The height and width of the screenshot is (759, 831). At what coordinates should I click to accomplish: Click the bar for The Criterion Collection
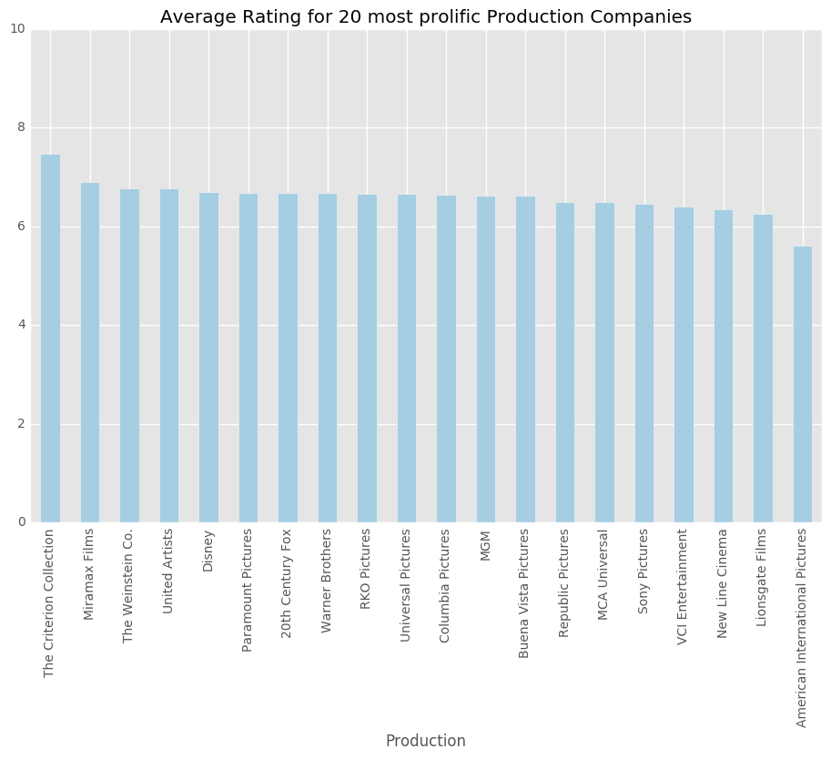coord(50,339)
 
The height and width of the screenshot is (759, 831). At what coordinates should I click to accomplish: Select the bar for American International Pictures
coord(802,384)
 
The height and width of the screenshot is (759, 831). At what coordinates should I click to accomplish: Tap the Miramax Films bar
coord(90,352)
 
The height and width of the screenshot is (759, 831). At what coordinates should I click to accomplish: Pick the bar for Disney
coord(208,358)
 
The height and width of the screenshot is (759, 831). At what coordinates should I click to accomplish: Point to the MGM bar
coord(486,359)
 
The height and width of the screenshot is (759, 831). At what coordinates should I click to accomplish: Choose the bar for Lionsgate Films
coord(763,369)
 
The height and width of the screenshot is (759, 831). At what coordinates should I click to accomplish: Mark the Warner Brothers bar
coord(328,358)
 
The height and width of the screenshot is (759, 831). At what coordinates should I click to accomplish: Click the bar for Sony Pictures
coord(644,363)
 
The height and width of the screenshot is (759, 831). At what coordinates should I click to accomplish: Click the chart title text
coord(425,17)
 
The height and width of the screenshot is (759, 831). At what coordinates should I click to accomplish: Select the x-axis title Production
coord(425,741)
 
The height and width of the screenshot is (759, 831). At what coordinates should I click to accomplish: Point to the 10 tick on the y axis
coord(18,29)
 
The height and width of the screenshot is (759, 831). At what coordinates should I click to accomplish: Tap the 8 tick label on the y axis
coord(21,128)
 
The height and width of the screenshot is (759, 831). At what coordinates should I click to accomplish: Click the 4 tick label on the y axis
coord(21,325)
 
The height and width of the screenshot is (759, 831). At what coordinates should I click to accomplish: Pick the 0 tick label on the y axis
coord(21,522)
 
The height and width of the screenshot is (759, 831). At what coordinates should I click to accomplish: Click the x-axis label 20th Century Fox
coord(288,583)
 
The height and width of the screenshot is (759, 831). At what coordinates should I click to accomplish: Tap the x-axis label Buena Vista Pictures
coord(525,593)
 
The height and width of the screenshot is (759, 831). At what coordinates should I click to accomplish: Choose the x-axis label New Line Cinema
coord(723,583)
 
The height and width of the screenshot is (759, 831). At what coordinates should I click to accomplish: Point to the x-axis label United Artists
coord(169,572)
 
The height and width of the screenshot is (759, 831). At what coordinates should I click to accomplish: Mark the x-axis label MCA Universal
coord(604,575)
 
